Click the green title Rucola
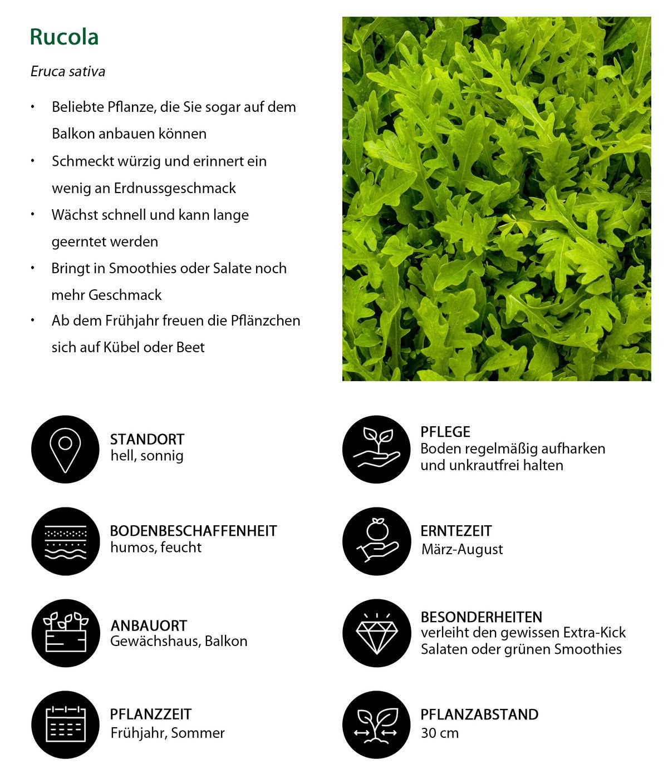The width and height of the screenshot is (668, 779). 64,37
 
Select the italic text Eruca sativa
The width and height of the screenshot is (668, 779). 68,71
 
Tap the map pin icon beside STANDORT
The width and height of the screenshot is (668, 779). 65,450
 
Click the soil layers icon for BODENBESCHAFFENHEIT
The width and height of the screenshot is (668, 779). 65,541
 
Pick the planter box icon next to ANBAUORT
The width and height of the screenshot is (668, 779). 65,633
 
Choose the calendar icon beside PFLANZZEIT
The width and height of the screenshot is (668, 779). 65,724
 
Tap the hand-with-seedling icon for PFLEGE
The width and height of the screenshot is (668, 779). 376,450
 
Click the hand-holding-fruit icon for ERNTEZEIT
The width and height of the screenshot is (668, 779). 376,541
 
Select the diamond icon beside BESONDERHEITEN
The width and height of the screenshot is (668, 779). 376,633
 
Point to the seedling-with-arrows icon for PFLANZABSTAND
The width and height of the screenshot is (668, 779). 376,724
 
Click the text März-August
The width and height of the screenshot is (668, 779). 462,549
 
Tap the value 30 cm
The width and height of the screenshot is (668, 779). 440,733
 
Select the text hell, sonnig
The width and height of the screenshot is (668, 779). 147,456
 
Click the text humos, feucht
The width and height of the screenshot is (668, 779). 156,548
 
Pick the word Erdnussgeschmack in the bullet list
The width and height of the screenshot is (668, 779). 175,188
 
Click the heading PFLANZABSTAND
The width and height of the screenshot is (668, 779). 479,714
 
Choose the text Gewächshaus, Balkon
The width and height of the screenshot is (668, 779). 179,641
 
